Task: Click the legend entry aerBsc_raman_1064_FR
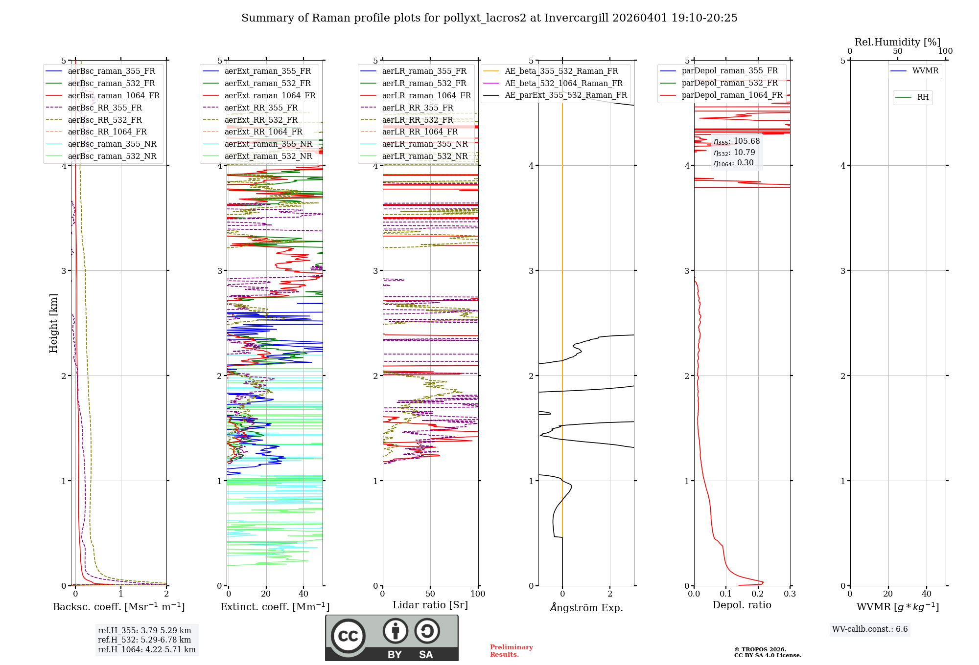[x=114, y=96]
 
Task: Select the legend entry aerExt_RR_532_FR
[x=260, y=120]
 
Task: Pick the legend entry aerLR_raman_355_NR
[x=424, y=144]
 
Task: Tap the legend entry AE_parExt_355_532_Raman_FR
[x=565, y=95]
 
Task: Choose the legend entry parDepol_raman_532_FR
[x=729, y=83]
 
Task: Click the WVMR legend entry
[x=925, y=71]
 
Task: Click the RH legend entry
[x=923, y=97]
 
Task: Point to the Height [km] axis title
[x=53, y=323]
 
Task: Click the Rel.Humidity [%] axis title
[x=897, y=42]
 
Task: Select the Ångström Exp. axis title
[x=586, y=608]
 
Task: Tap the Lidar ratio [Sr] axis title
[x=430, y=605]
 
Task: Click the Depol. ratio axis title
[x=742, y=605]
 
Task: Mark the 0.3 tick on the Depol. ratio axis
[x=790, y=594]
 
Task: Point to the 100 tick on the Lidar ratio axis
[x=478, y=594]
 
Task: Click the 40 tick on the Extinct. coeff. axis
[x=303, y=594]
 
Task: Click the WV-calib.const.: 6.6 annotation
[x=870, y=629]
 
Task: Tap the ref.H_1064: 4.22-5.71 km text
[x=146, y=650]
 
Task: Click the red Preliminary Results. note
[x=511, y=651]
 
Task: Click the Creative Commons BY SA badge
[x=392, y=638]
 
